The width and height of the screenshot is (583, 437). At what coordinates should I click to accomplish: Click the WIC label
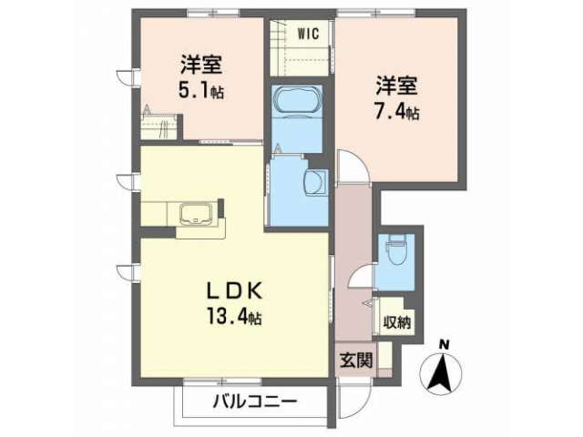[x=308, y=34]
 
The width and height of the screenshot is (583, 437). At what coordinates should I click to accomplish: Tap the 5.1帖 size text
[x=201, y=91]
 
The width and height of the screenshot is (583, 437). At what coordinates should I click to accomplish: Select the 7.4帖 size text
[x=397, y=112]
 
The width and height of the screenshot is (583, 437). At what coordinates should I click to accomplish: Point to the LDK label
[x=235, y=291]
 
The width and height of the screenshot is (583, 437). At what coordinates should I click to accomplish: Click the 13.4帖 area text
[x=234, y=317]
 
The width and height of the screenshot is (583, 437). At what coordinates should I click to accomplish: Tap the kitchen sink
[x=196, y=214]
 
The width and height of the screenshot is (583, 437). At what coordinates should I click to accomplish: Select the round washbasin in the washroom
[x=315, y=182]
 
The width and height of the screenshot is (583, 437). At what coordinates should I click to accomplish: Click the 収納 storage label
[x=397, y=322]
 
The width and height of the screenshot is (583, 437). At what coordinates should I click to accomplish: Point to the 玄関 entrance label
[x=356, y=360]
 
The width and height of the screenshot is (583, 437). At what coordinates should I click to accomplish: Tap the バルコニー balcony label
[x=255, y=402]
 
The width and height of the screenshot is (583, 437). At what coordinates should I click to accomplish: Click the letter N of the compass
[x=445, y=345]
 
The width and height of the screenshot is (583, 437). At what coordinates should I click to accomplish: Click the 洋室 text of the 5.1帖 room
[x=201, y=65]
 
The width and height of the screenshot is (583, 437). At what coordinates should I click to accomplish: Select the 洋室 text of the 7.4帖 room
[x=397, y=86]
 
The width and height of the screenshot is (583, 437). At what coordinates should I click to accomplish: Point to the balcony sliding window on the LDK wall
[x=222, y=381]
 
